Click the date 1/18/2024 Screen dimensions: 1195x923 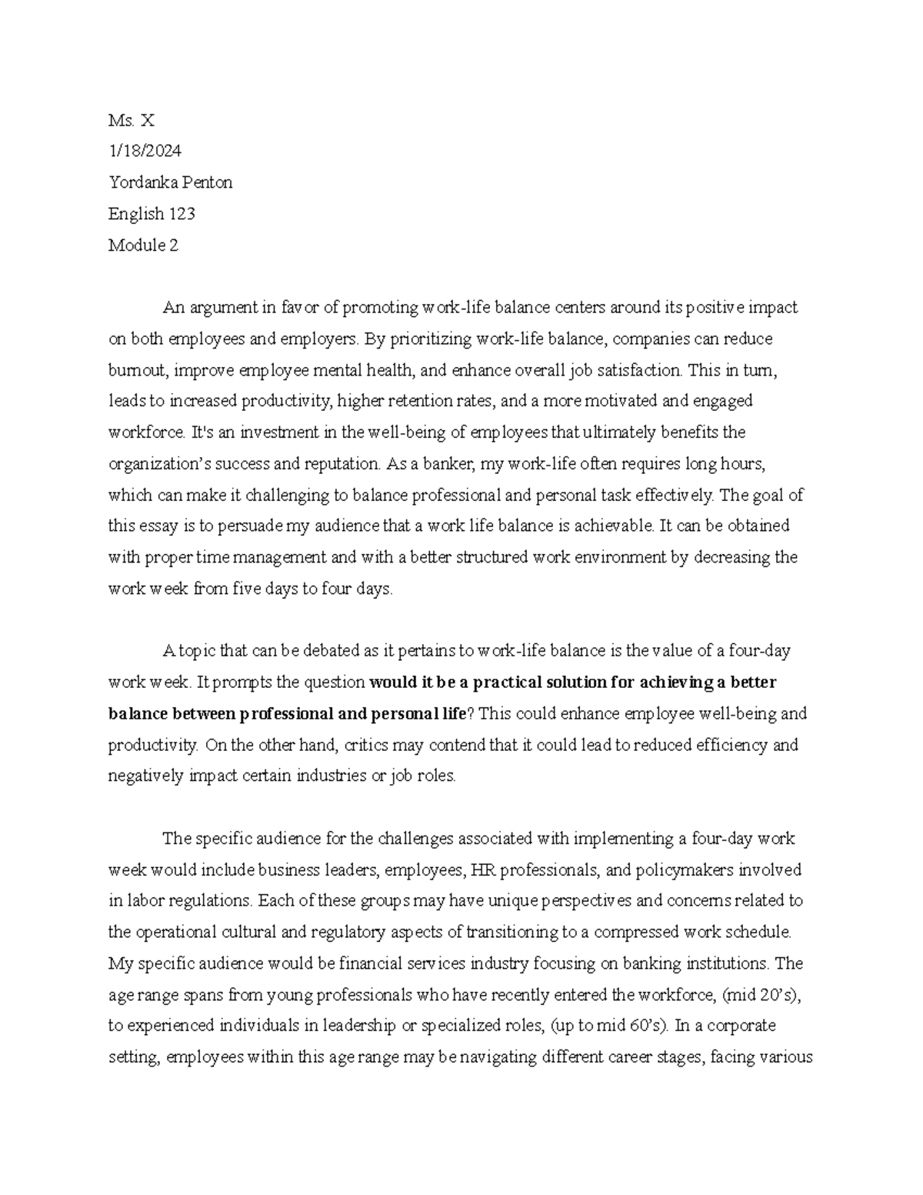click(145, 151)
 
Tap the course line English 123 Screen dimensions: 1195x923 click(152, 214)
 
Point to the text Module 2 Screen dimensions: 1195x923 click(143, 245)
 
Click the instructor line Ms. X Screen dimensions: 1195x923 click(132, 120)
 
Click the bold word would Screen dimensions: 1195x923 click(391, 683)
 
